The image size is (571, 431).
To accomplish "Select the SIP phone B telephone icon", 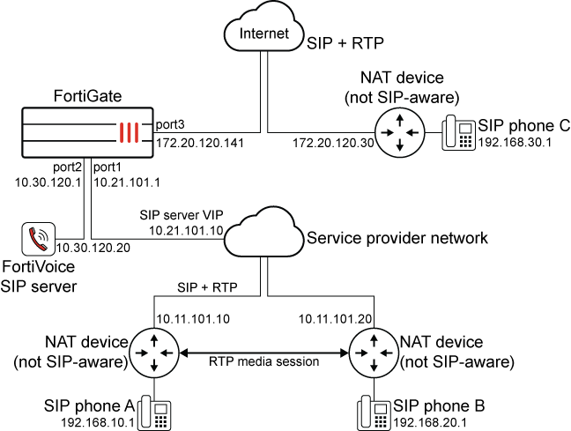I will pos(374,411).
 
